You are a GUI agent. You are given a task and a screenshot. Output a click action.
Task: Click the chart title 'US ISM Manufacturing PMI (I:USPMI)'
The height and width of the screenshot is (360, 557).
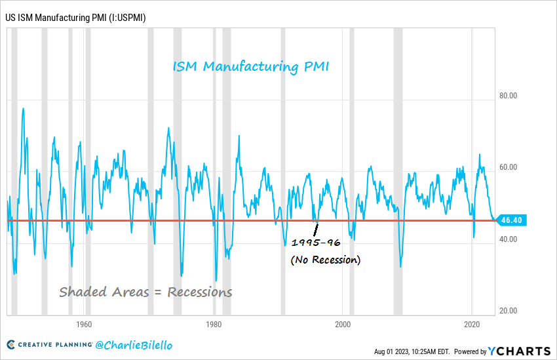[75, 17]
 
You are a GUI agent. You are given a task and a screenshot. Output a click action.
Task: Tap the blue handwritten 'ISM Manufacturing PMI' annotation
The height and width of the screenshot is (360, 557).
[251, 67]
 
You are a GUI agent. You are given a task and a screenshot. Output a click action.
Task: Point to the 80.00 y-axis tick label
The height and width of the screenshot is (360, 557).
[508, 96]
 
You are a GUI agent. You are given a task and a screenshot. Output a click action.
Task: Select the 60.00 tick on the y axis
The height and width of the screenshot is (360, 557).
[508, 167]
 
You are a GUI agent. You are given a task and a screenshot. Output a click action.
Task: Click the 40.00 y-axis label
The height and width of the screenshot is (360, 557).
[508, 239]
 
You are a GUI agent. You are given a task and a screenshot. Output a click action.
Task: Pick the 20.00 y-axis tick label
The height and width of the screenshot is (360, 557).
[508, 311]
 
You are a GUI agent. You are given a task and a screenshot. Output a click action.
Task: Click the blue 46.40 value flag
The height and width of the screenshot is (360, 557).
[510, 220]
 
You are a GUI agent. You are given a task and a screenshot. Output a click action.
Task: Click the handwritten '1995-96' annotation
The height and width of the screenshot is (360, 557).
[315, 243]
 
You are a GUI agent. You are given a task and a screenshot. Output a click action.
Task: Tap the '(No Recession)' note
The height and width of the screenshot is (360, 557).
[326, 260]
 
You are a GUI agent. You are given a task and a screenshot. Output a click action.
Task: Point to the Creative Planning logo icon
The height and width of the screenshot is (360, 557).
[12, 344]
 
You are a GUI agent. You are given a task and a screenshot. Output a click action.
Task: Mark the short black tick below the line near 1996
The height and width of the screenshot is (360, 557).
[317, 230]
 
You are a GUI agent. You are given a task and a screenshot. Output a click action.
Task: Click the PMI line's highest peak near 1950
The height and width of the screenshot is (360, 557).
[24, 109]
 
